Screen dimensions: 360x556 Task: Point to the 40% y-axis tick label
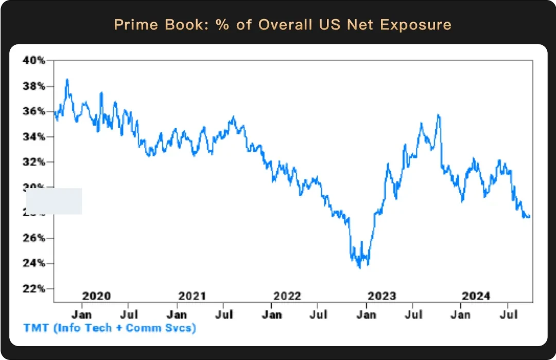pyautogui.click(x=34, y=60)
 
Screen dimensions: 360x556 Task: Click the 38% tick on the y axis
pyautogui.click(x=34, y=86)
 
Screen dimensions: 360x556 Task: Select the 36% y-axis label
pyautogui.click(x=34, y=111)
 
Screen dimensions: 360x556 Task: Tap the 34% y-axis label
pyautogui.click(x=34, y=136)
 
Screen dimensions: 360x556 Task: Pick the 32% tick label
pyautogui.click(x=34, y=162)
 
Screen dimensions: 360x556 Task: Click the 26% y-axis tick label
pyautogui.click(x=34, y=238)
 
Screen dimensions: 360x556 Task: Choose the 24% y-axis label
pyautogui.click(x=34, y=263)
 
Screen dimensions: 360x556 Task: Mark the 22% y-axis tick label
pyautogui.click(x=34, y=288)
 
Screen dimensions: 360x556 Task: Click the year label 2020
pyautogui.click(x=96, y=296)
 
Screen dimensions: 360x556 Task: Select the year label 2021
pyautogui.click(x=192, y=296)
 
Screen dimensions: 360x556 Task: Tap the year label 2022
pyautogui.click(x=287, y=296)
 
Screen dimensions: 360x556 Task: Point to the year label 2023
pyautogui.click(x=381, y=296)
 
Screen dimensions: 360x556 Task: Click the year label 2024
pyautogui.click(x=476, y=296)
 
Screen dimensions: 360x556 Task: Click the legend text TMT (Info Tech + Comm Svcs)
pyautogui.click(x=110, y=328)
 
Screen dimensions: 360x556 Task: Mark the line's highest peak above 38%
pyautogui.click(x=67, y=80)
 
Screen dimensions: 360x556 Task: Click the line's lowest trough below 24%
pyautogui.click(x=359, y=267)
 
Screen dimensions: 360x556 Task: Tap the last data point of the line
pyautogui.click(x=529, y=216)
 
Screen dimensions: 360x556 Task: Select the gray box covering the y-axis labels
pyautogui.click(x=54, y=201)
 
